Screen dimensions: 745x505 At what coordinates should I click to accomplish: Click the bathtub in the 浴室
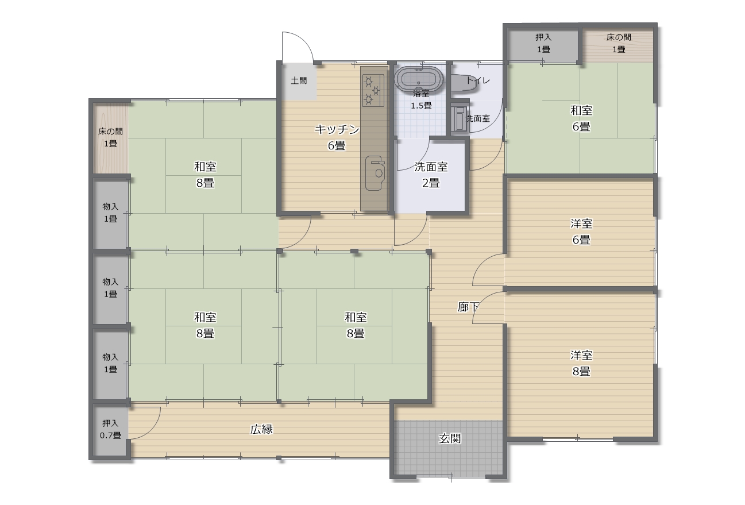tap(419, 79)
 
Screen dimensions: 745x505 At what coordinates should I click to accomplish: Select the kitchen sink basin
tap(375, 173)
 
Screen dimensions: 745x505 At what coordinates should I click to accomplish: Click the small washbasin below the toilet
tap(460, 119)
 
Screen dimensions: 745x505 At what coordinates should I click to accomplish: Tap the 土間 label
tap(299, 80)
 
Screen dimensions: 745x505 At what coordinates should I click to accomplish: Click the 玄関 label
tap(450, 438)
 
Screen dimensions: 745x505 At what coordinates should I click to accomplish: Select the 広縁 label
tap(262, 429)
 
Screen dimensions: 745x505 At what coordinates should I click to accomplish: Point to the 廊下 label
tap(468, 307)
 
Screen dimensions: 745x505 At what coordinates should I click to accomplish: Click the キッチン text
tap(337, 129)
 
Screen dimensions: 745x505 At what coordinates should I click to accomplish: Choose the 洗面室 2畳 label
tap(431, 175)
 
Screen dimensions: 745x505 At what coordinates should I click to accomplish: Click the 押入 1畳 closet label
tap(543, 43)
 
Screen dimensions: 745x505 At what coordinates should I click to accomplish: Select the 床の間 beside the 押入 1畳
tap(618, 45)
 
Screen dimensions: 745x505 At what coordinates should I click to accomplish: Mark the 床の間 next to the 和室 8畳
tap(110, 138)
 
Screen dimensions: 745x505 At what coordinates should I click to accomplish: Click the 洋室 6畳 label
tap(581, 232)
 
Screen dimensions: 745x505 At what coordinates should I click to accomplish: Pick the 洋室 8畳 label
tap(581, 363)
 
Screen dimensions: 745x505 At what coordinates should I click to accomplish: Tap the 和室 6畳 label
tap(581, 118)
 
